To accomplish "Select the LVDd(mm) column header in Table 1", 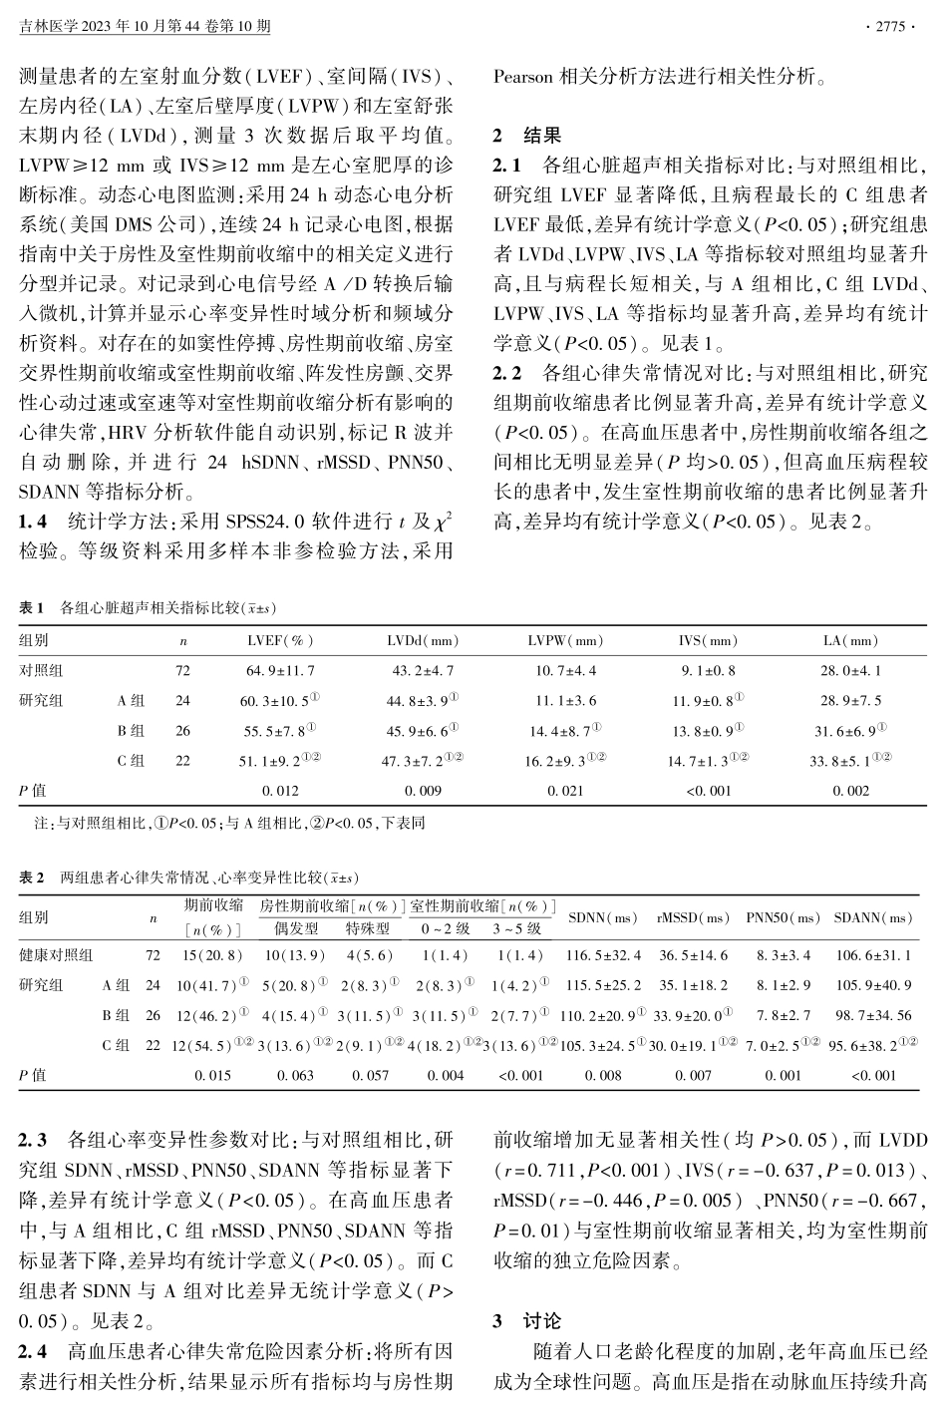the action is [x=423, y=641].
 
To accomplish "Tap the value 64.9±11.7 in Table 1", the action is [x=280, y=671].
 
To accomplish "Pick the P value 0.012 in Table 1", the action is [x=280, y=791].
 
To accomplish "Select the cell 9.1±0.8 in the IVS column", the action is [x=708, y=671].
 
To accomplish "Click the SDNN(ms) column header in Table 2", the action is [x=602, y=917].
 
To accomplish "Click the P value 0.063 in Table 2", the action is [x=296, y=1076].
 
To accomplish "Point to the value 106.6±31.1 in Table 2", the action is [x=873, y=955].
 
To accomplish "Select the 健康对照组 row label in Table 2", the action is [x=56, y=955].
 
